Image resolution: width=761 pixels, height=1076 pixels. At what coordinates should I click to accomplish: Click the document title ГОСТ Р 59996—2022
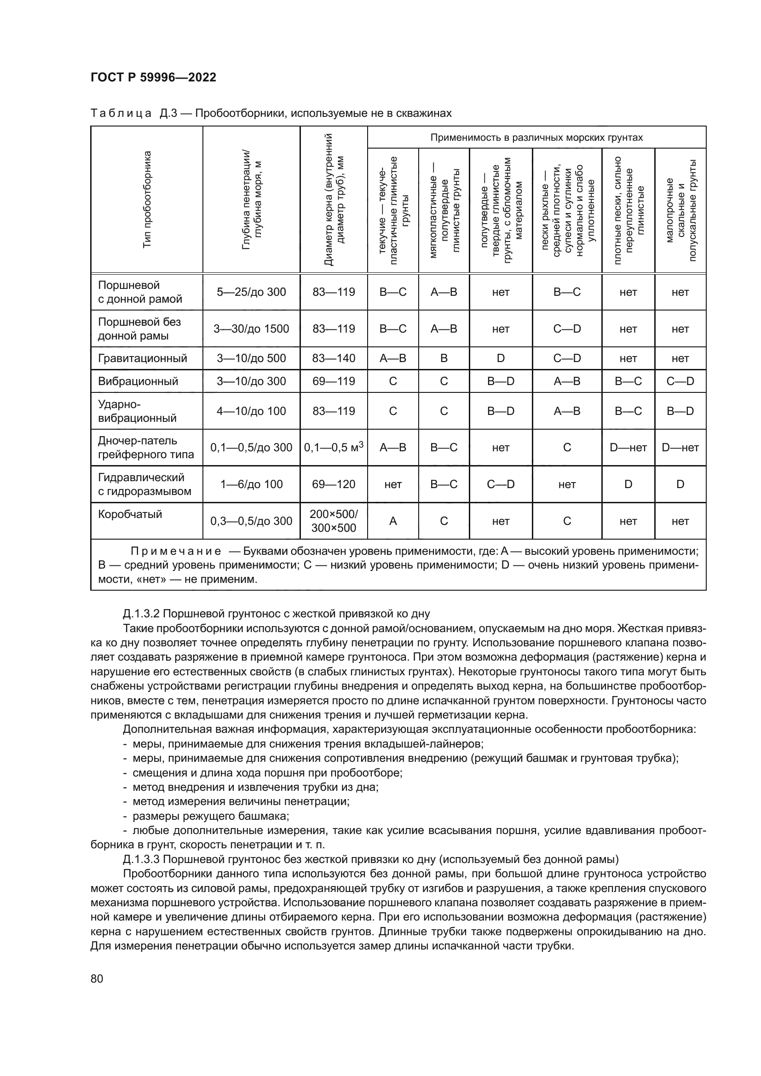(153, 77)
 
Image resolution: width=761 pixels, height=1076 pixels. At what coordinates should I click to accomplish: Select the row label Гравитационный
(143, 358)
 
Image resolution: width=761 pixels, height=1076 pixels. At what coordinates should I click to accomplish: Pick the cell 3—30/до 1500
(251, 328)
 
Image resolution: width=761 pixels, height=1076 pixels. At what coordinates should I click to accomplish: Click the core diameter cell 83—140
(334, 358)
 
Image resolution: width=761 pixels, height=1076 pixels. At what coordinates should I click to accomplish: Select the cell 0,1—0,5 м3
(334, 448)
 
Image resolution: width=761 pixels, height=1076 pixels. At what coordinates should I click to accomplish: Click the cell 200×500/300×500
(334, 521)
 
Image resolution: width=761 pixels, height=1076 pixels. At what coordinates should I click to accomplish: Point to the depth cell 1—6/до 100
(251, 484)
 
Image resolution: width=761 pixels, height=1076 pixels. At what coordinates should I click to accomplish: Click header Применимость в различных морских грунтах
(536, 138)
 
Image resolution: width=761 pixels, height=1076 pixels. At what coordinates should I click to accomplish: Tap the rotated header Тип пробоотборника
(147, 199)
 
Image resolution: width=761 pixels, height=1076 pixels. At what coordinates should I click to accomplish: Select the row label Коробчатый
(130, 514)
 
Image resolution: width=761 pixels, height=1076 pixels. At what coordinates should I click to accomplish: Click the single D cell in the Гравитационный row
(501, 358)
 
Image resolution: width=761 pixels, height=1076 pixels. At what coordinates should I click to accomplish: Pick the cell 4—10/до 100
(251, 411)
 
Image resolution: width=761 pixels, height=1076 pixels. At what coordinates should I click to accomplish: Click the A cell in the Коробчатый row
(392, 521)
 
